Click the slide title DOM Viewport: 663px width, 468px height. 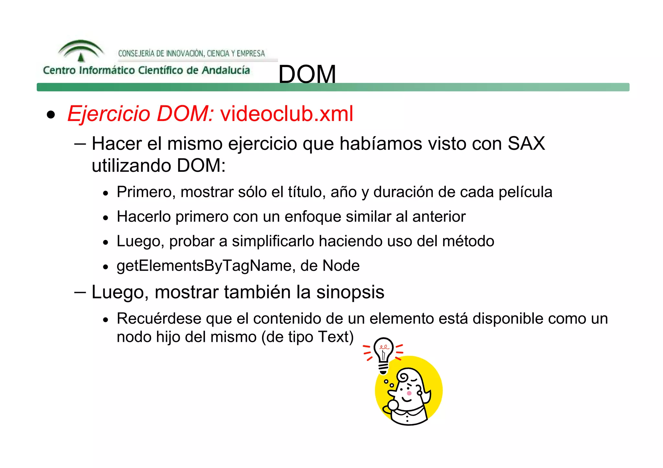tap(307, 74)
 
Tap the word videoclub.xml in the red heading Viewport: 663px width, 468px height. tap(287, 114)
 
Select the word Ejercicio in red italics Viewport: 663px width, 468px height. tap(109, 114)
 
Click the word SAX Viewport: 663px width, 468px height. tap(526, 143)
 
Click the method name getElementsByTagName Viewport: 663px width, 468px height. tap(204, 266)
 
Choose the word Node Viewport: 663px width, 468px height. tap(341, 266)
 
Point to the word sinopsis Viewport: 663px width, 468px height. tap(350, 292)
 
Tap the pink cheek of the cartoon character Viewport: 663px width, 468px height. tap(409, 393)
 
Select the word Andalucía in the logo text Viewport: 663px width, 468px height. tap(226, 70)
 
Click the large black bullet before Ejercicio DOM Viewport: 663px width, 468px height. tap(51, 115)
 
